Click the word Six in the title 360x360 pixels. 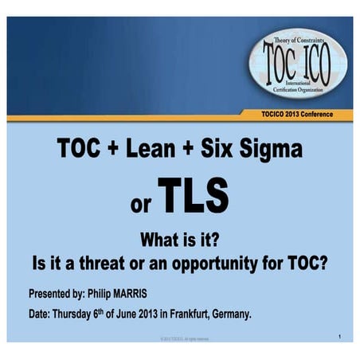pos(218,151)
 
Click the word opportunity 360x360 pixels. pos(229,262)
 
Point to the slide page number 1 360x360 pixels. pos(339,338)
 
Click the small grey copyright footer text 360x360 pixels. pos(180,339)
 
